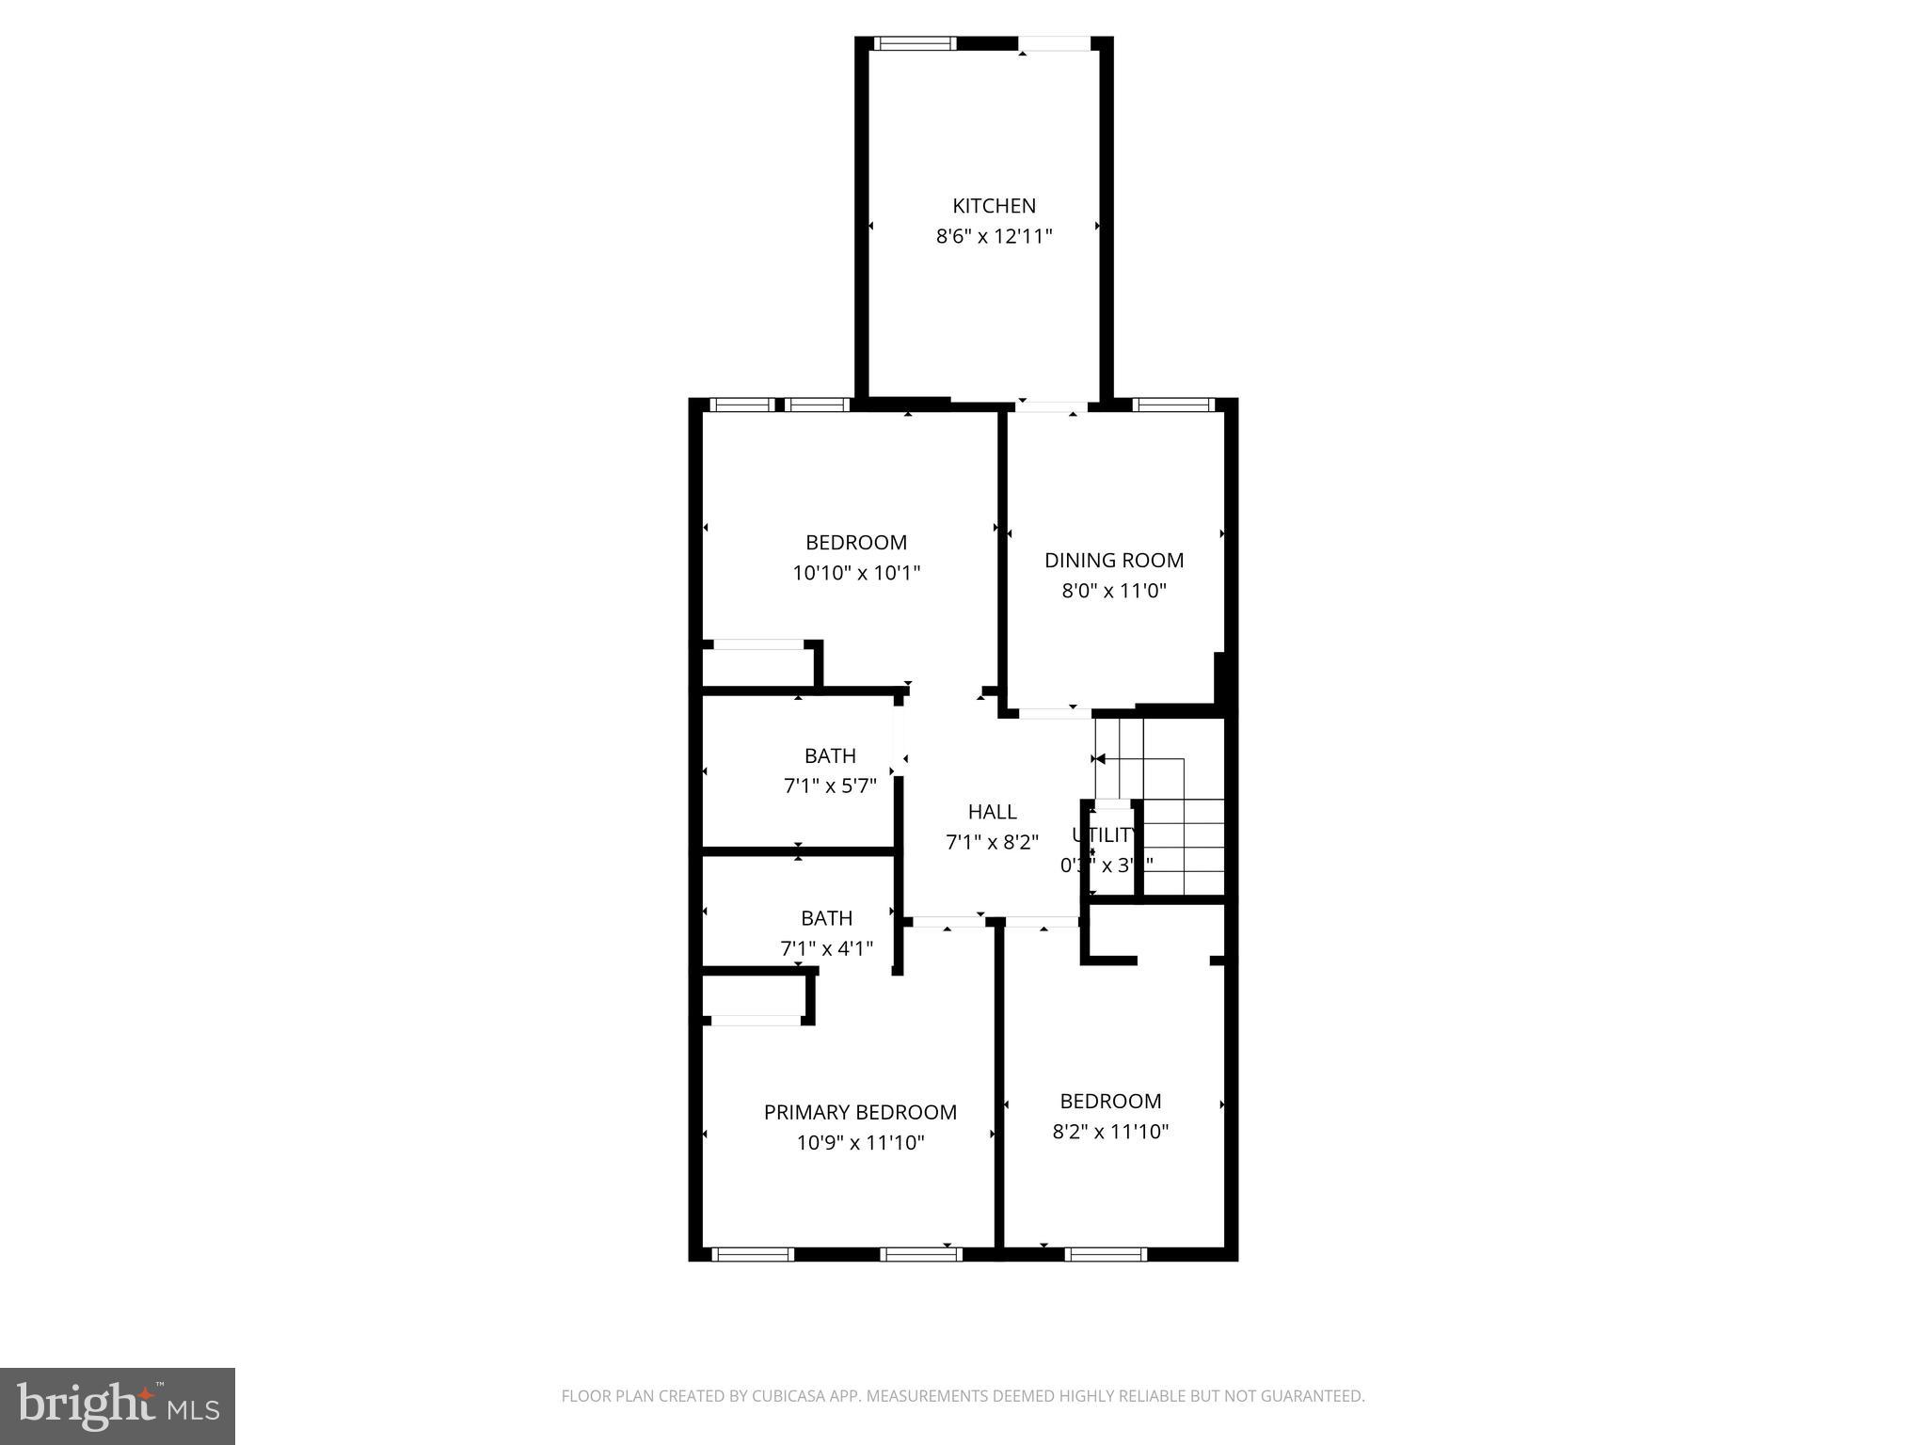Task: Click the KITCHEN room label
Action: click(994, 206)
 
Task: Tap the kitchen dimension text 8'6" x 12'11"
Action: click(994, 236)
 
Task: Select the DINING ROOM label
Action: click(1113, 561)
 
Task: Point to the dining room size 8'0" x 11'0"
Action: click(1113, 591)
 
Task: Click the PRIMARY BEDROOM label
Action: click(860, 1113)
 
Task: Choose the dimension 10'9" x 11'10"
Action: click(860, 1143)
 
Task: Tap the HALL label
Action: click(992, 812)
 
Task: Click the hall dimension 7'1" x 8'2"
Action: click(992, 842)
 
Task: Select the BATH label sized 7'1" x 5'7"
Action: click(830, 756)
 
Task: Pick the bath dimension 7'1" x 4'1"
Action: click(826, 948)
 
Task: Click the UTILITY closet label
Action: click(1105, 835)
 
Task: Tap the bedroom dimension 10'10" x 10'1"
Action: click(855, 573)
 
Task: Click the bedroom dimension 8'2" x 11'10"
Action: click(1110, 1132)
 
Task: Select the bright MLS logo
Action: click(118, 1405)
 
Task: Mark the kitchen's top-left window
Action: click(915, 43)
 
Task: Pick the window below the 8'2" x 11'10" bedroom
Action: click(1106, 1253)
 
